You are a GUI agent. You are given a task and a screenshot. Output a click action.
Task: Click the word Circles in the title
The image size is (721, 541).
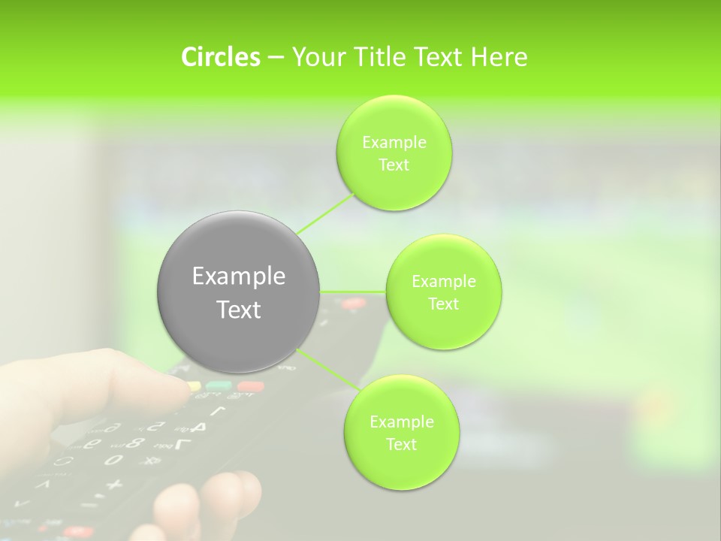click(220, 57)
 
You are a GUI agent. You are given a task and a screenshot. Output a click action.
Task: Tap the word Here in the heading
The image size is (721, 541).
click(499, 57)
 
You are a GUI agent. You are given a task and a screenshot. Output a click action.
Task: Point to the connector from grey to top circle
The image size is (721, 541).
click(326, 213)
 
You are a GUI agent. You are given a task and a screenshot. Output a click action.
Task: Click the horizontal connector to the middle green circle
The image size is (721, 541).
click(353, 292)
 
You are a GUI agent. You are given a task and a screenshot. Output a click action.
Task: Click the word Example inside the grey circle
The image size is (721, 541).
click(239, 277)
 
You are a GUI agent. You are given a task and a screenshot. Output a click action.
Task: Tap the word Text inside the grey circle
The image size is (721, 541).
click(239, 310)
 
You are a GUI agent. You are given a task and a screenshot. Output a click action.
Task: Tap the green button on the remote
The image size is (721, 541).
click(219, 385)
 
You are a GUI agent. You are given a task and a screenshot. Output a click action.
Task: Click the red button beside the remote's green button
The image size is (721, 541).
click(250, 387)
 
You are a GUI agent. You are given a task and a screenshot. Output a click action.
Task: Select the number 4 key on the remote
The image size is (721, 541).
click(198, 427)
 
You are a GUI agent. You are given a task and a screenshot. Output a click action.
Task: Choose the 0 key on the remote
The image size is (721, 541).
click(113, 459)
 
